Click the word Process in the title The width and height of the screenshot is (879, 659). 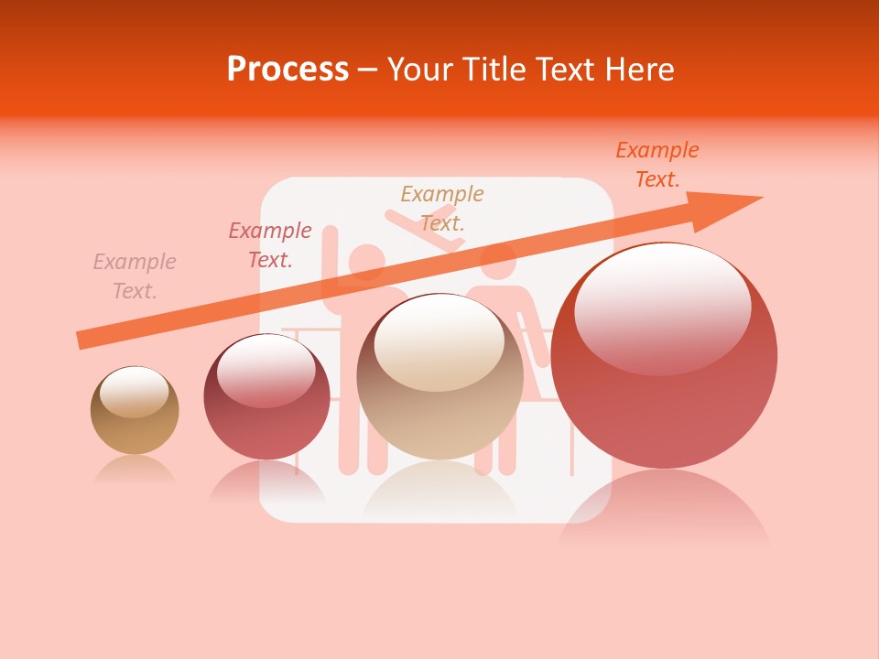pyautogui.click(x=288, y=69)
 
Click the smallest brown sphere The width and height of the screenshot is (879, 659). pyautogui.click(x=135, y=410)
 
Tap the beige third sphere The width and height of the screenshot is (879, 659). pyautogui.click(x=440, y=376)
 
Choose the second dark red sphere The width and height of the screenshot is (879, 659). pyautogui.click(x=266, y=396)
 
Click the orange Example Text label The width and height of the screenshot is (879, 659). pyautogui.click(x=657, y=165)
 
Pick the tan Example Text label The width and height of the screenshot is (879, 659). pyautogui.click(x=442, y=208)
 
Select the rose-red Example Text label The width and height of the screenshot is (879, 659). pyautogui.click(x=270, y=245)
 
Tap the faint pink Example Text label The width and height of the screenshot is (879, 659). pyautogui.click(x=135, y=276)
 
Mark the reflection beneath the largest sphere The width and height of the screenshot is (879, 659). pyautogui.click(x=665, y=513)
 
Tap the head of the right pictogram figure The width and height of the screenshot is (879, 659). pyautogui.click(x=498, y=263)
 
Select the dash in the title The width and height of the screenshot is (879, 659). pyautogui.click(x=367, y=69)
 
